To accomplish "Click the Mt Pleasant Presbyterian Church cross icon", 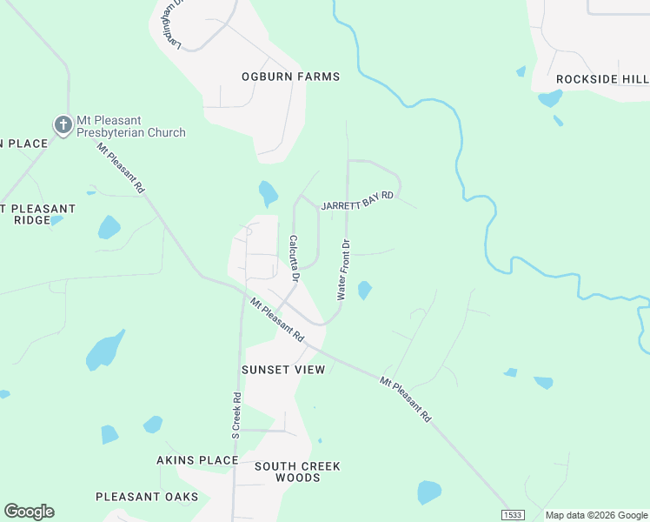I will click(63, 125).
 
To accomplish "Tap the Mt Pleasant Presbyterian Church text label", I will click(130, 126).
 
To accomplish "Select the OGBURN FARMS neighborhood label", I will click(290, 77).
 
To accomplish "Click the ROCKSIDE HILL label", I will click(602, 79).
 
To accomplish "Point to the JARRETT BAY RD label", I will click(357, 201).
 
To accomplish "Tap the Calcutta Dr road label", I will click(295, 258).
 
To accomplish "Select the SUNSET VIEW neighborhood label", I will click(283, 370).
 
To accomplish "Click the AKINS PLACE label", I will click(197, 459).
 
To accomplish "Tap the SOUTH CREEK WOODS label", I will click(297, 472).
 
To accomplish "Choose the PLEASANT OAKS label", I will click(147, 497).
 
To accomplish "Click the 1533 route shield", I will click(513, 515).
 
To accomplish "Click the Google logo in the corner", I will click(29, 512).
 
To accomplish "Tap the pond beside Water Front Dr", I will click(364, 290).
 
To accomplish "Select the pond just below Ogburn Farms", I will click(268, 192).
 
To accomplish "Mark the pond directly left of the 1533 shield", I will click(429, 492).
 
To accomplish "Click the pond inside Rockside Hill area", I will click(549, 98).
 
